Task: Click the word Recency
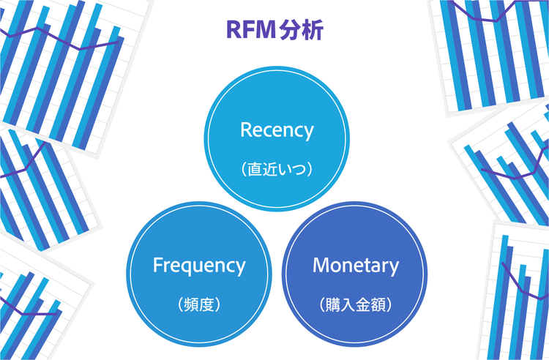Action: pyautogui.click(x=277, y=131)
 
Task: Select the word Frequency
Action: pyautogui.click(x=199, y=266)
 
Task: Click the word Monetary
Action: pyautogui.click(x=356, y=266)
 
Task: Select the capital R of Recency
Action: pyautogui.click(x=246, y=131)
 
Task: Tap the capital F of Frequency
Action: pyautogui.click(x=157, y=266)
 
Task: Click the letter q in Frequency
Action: pyautogui.click(x=190, y=267)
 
